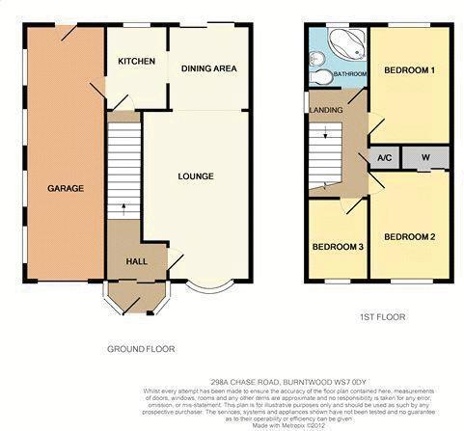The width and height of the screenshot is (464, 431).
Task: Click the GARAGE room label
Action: (x=67, y=188)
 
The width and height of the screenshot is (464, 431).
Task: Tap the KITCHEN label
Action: (x=136, y=62)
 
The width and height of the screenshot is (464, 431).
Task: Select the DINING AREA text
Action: (x=209, y=68)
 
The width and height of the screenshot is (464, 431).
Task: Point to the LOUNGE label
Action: (x=196, y=175)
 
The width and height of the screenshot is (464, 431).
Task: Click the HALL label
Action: (x=137, y=261)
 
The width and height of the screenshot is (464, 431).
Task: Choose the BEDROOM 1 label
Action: (x=410, y=71)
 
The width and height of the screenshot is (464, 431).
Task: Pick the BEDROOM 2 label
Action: (x=410, y=236)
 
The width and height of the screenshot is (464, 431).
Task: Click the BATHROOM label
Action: (x=350, y=74)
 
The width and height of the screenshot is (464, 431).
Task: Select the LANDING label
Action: (x=325, y=109)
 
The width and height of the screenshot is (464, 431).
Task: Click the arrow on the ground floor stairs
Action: (x=123, y=207)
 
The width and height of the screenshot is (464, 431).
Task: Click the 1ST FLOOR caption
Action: (x=382, y=315)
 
